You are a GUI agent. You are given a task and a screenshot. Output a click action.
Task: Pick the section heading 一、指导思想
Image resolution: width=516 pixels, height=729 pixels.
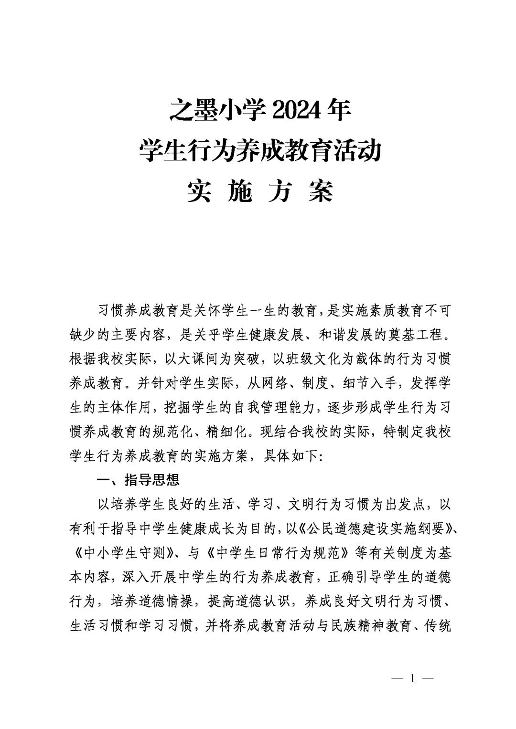coord(138,480)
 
